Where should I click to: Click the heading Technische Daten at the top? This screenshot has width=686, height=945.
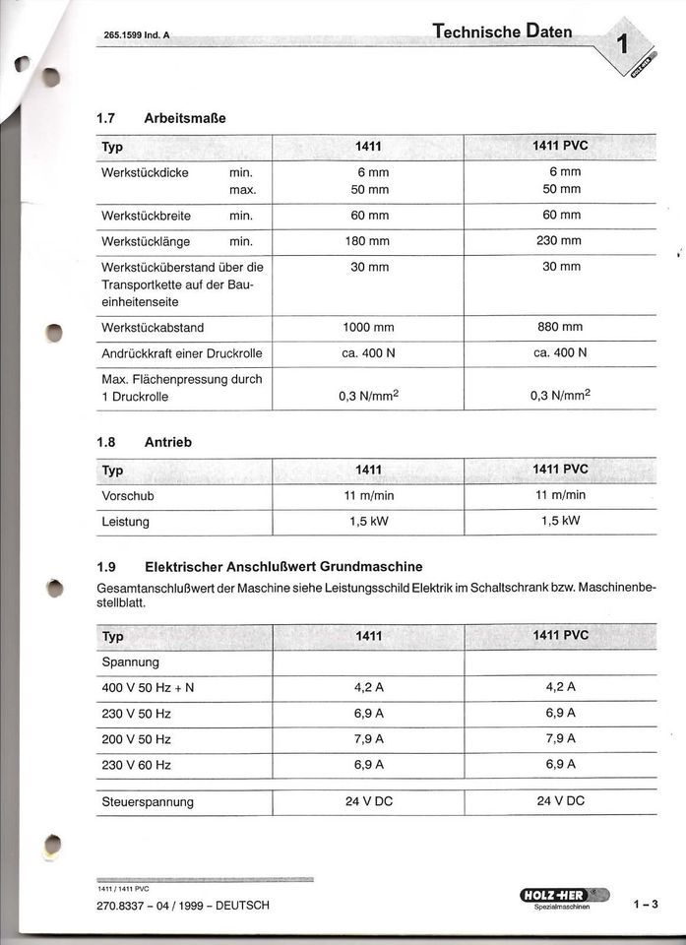coord(502,31)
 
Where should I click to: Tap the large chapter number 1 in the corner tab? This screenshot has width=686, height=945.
coord(623,43)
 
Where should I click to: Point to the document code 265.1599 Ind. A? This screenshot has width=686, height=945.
coord(137,35)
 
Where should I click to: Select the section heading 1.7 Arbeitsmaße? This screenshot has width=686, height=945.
coord(161,118)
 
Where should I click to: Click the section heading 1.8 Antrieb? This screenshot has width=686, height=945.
coord(145,442)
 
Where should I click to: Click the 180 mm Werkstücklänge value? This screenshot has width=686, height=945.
coord(368,241)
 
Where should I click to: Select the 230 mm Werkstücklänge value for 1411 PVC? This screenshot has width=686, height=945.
coord(560,241)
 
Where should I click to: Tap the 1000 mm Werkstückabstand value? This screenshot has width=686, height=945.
coord(368,327)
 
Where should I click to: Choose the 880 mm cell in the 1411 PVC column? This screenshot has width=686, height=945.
coord(560,327)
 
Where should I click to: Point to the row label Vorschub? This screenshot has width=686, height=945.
coord(128,495)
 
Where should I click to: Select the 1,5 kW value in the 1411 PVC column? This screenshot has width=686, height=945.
coord(560,521)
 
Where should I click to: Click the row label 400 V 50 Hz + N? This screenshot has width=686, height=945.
coord(149,688)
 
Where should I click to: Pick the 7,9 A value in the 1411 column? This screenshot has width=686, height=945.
coord(368,738)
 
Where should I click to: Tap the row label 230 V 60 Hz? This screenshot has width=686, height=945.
coord(137,765)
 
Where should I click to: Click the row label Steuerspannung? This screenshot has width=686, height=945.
coord(148,801)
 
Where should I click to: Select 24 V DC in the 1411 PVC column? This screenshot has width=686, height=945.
coord(560,801)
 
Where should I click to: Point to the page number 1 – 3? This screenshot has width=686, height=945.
coord(646,904)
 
